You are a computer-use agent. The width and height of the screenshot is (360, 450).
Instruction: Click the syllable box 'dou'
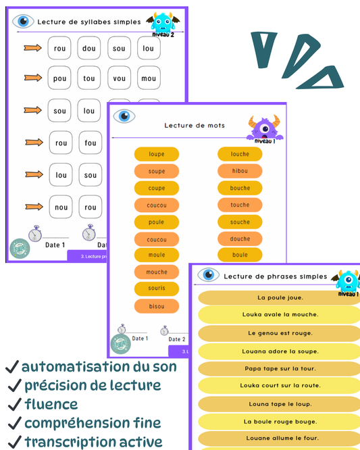[x=89, y=48]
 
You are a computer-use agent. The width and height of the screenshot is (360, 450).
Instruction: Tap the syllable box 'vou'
[x=119, y=78]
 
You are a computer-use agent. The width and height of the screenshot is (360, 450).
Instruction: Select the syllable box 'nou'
[x=61, y=207]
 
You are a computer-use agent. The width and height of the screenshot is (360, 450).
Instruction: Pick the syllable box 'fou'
[x=91, y=143]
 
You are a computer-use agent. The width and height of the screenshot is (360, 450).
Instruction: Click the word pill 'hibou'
[x=240, y=171]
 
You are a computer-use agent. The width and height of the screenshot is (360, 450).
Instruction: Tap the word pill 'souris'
[x=157, y=289]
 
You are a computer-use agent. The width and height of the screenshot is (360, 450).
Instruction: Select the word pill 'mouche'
[x=157, y=272]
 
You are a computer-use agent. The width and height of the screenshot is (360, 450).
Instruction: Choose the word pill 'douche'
[x=240, y=239]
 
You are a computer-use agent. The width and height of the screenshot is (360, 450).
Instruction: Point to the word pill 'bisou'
[x=157, y=306]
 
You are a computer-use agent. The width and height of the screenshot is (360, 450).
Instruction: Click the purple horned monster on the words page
[x=264, y=126]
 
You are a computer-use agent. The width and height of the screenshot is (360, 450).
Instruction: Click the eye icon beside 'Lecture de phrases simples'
[x=207, y=275]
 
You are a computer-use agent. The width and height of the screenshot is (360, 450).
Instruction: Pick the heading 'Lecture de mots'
[x=195, y=125]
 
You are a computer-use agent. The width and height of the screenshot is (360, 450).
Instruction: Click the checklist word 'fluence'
[x=51, y=405]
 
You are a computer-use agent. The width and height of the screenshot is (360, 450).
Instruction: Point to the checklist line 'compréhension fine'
[x=93, y=423]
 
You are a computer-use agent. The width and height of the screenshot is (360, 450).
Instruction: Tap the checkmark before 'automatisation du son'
[x=11, y=367]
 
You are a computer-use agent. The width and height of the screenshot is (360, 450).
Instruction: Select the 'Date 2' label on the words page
[x=176, y=339]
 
